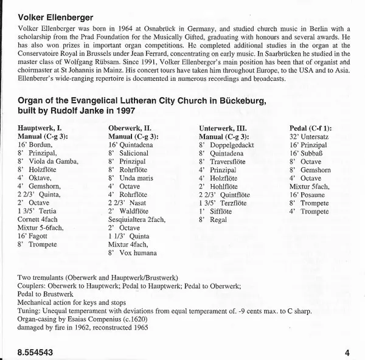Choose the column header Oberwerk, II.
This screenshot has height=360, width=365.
click(130, 128)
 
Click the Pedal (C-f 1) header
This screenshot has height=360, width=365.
click(315, 128)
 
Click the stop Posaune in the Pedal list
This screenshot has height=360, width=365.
click(318, 195)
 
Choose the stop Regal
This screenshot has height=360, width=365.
click(218, 219)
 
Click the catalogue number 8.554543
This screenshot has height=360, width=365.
click(32, 351)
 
